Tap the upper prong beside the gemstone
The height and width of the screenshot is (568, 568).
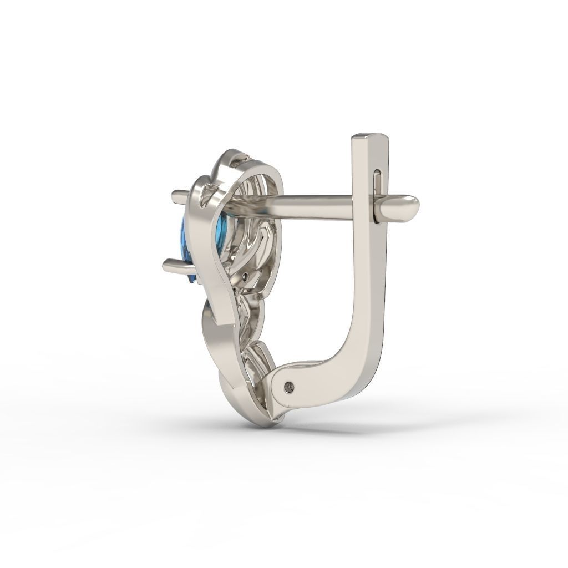pyautogui.click(x=181, y=195)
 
